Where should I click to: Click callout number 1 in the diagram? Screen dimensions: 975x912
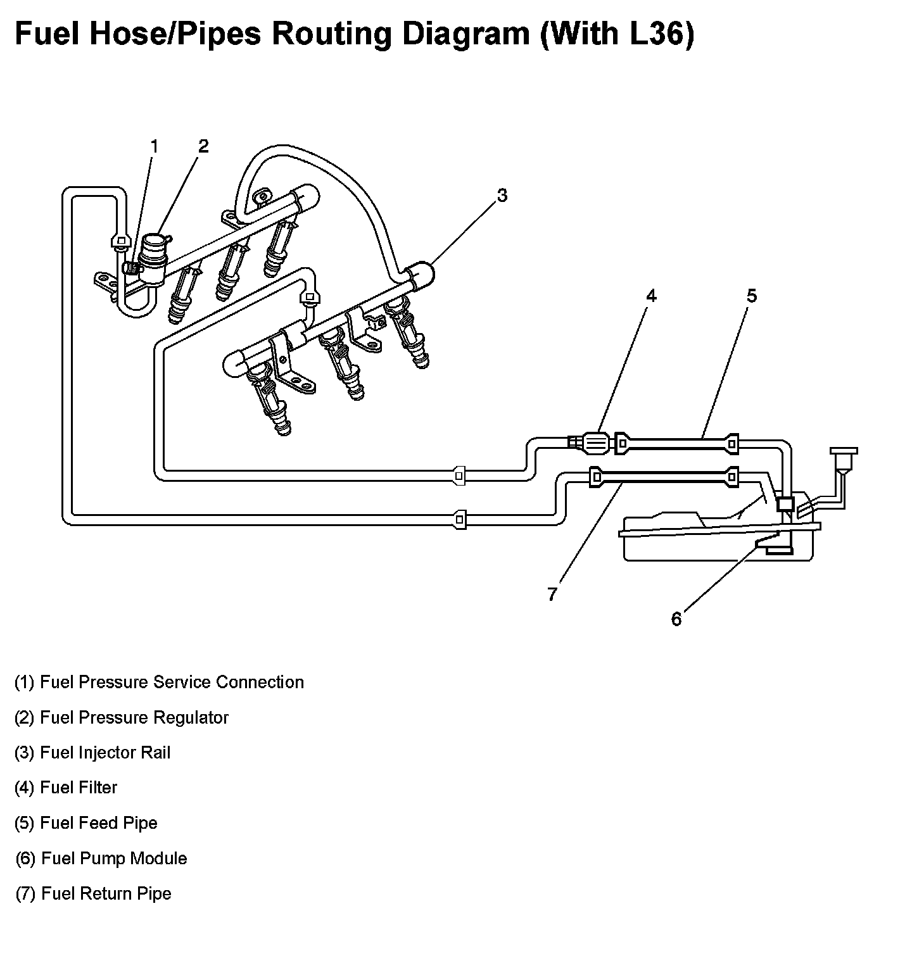coord(154,147)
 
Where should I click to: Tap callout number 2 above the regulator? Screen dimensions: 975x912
coord(203,146)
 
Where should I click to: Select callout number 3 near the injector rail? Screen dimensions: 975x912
coord(502,196)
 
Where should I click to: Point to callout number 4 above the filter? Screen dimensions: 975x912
coord(651,296)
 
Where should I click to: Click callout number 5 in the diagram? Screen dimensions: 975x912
coord(751,296)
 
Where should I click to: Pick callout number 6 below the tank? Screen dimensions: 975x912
coord(676,619)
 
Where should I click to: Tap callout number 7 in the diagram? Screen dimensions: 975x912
coord(552,594)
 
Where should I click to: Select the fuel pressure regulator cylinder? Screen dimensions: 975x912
coord(154,252)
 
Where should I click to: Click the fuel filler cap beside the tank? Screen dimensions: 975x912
coord(843,453)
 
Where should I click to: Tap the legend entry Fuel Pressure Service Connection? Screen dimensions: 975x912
coord(159,682)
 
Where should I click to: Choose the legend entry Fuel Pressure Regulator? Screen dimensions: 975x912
coord(121,717)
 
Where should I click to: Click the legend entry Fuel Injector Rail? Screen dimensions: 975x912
coord(92,753)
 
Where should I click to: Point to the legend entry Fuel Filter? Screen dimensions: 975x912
coord(66,788)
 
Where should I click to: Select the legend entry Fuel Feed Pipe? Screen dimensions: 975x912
coord(85,823)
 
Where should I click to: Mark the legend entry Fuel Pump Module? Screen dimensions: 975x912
coord(101,859)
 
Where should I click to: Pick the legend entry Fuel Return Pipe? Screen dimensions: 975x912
coord(93,893)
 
